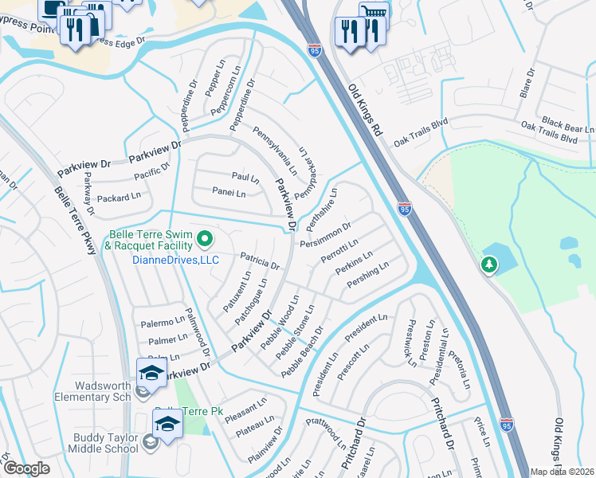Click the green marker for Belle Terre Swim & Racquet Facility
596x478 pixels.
click(x=204, y=237)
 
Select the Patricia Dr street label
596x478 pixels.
click(x=260, y=261)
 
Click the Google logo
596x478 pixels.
click(x=25, y=468)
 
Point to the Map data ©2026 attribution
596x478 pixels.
click(x=563, y=472)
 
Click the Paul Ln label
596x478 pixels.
click(x=245, y=177)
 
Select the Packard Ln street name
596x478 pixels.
click(x=119, y=198)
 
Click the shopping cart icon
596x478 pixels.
click(x=373, y=13)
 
